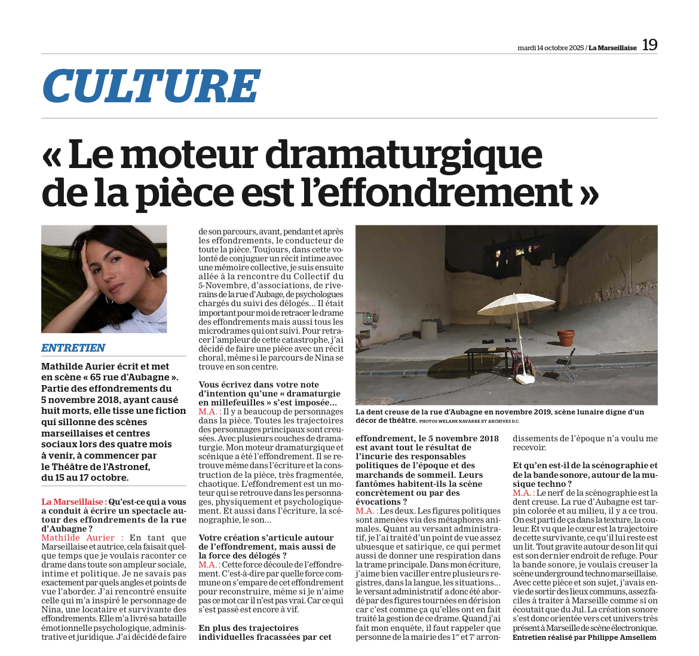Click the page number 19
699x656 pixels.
pos(649,45)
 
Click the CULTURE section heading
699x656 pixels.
pos(151,86)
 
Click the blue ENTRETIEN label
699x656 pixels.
pos(73,347)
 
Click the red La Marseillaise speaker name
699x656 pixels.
pos(74,502)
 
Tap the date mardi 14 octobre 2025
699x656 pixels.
pos(550,48)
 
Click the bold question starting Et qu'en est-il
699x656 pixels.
pos(584,474)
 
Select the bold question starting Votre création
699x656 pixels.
pos(266,547)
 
